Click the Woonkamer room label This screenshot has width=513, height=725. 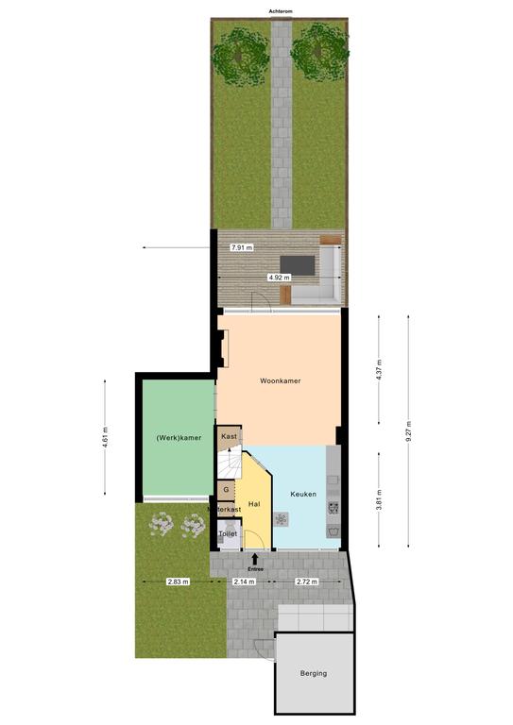coord(280,381)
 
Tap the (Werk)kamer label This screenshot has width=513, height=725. coord(179,437)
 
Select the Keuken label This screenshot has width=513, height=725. coord(303,494)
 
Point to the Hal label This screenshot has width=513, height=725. coord(254,504)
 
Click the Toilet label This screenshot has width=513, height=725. coord(228,533)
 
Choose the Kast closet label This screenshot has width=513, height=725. coord(229,436)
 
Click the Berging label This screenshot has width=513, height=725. coord(313,674)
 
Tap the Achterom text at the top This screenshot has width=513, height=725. coord(281,11)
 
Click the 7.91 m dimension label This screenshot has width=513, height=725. coord(242,247)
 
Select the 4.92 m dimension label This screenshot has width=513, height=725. coord(280,278)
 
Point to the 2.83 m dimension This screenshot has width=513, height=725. coord(179,582)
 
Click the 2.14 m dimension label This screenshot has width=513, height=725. coord(245,582)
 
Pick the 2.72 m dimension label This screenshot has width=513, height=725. coord(307,582)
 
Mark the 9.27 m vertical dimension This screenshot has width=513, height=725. coord(408,431)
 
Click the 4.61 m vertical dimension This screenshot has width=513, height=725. coord(105,437)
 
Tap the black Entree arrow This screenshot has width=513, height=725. coord(255,559)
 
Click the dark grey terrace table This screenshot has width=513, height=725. coord(298,265)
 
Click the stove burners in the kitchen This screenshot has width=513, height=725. coord(333,509)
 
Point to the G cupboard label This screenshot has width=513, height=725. coord(226,490)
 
